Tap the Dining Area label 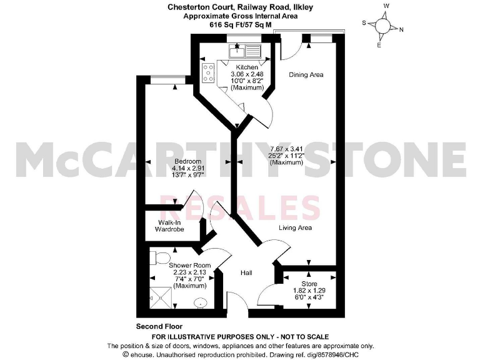(x=306, y=75)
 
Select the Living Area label (x=295, y=228)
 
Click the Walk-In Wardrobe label (x=171, y=226)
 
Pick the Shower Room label (x=190, y=266)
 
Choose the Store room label (x=310, y=283)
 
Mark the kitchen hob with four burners (x=208, y=74)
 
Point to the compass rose (x=382, y=26)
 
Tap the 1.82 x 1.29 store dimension (x=310, y=291)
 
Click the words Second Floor (x=157, y=326)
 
